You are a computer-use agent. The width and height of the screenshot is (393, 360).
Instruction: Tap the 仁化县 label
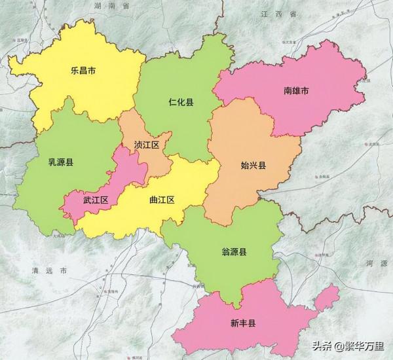(x=180, y=102)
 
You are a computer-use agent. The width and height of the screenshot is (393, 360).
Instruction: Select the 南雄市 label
(x=297, y=91)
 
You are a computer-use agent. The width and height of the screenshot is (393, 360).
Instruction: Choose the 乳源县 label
(x=60, y=161)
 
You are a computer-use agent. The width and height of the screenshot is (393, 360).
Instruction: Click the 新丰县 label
(x=242, y=323)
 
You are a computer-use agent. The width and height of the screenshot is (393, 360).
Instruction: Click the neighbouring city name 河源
(x=379, y=262)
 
